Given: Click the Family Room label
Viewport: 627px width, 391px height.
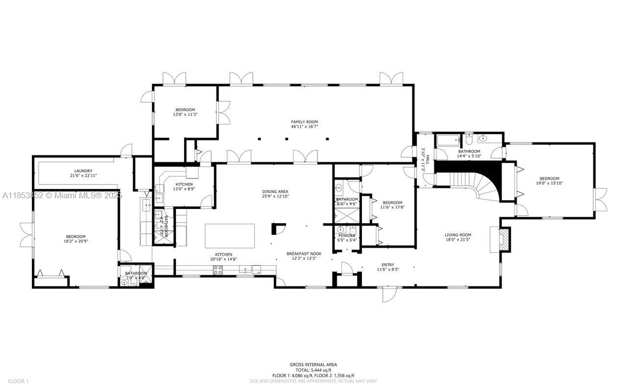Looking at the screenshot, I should tap(304, 121).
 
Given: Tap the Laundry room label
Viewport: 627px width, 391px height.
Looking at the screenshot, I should tap(83, 171).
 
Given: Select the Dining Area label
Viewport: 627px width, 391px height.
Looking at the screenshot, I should tap(275, 191).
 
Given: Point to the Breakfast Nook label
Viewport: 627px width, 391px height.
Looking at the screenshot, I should tap(304, 253).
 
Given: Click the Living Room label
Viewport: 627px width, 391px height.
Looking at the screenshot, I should tap(458, 235).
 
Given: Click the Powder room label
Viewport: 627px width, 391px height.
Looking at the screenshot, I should tap(347, 235).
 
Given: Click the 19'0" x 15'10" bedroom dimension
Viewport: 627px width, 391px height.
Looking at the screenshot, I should tap(549, 184).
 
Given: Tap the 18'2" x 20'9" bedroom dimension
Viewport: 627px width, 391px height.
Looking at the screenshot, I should tap(76, 241).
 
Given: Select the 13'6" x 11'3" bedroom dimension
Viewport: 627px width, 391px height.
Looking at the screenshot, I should tap(185, 115).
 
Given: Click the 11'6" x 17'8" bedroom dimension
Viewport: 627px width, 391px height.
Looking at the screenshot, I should tap(392, 207).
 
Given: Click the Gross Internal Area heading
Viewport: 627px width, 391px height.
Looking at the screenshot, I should tap(313, 365).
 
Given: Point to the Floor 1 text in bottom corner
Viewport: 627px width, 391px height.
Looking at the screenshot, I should tap(19, 381).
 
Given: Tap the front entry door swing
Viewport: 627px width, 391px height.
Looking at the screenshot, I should tap(389, 294).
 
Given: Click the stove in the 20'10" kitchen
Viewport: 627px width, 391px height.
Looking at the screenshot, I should tap(217, 269).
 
